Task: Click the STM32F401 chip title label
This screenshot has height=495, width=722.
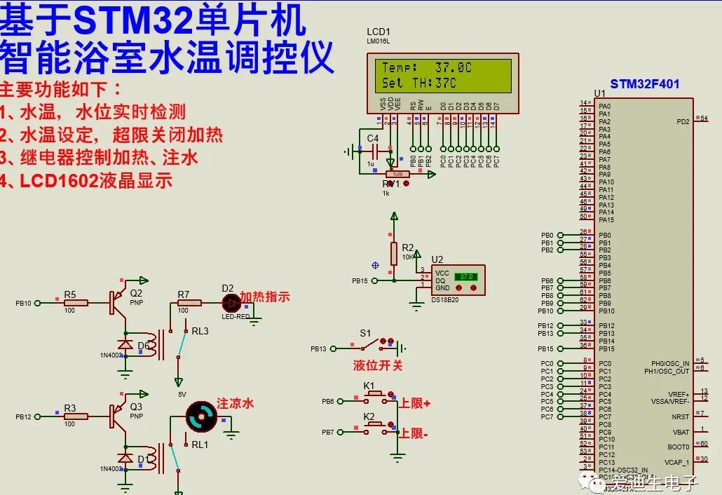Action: (644, 84)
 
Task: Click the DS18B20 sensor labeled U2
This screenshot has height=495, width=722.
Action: (459, 280)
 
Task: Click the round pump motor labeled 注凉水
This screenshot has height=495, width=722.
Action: (203, 416)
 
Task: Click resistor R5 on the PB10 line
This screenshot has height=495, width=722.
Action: (76, 303)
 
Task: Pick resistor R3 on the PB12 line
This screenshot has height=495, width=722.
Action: (76, 416)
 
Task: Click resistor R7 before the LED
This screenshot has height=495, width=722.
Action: (189, 303)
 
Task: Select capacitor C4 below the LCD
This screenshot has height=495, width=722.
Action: (374, 151)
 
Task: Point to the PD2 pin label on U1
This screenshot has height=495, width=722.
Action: (683, 121)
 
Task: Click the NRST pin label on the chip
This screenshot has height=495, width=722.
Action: (680, 416)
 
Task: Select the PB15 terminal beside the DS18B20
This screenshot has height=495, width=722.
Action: (361, 280)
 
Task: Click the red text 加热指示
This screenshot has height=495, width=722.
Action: (265, 297)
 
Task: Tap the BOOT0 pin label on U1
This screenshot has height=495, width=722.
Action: (679, 447)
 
